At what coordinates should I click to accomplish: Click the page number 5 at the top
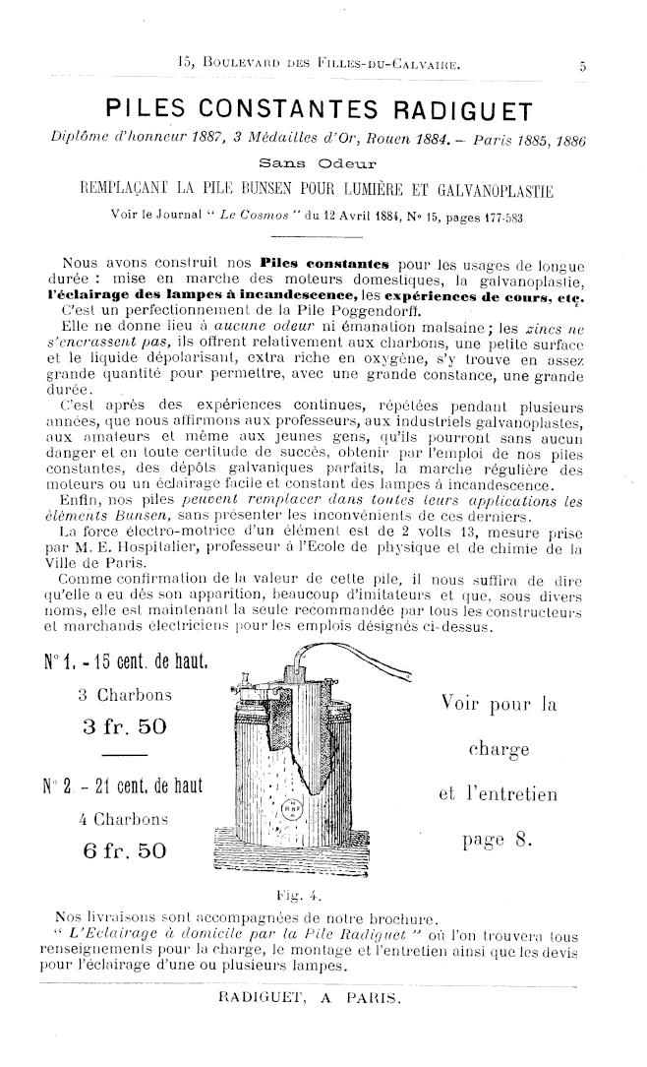click(x=581, y=68)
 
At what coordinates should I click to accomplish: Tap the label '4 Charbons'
click(x=128, y=817)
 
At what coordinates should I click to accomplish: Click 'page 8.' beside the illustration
click(x=500, y=840)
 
